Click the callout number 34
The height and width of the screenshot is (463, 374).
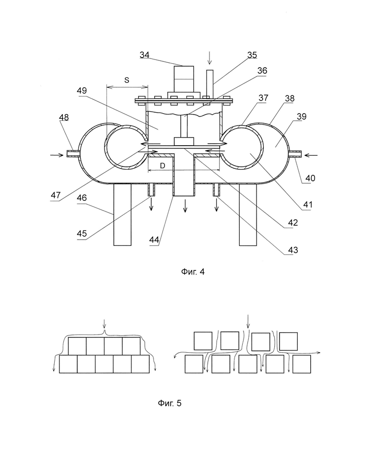[x=144, y=55]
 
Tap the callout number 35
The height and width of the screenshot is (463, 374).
[x=252, y=55]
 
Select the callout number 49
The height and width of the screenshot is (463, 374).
[x=82, y=91]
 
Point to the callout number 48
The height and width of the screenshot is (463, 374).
[x=64, y=117]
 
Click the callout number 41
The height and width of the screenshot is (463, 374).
[x=307, y=204]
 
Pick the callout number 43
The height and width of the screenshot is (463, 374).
[x=293, y=250]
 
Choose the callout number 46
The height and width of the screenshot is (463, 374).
[x=82, y=197]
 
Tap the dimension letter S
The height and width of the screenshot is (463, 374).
[x=127, y=80]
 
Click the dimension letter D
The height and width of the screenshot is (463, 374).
[x=163, y=166]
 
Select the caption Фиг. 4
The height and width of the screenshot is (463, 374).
[x=193, y=272]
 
